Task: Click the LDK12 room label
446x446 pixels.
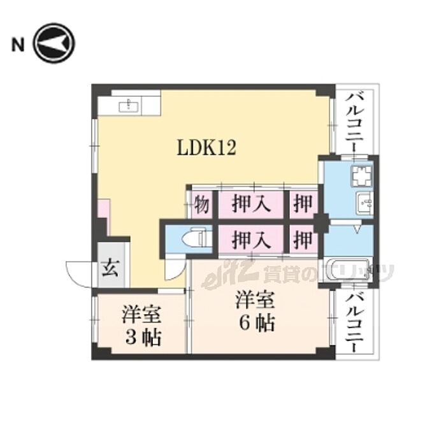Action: (206, 148)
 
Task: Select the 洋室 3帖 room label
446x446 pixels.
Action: (141, 326)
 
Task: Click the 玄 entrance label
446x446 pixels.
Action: (110, 268)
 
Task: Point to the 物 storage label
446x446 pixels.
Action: (202, 204)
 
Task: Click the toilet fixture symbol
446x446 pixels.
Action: (196, 238)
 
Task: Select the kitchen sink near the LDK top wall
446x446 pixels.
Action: (129, 106)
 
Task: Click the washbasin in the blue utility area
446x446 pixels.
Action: (364, 202)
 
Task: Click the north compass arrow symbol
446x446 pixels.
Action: (54, 43)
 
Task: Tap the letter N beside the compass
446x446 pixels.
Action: (18, 45)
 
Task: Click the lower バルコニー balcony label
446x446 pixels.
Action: (354, 322)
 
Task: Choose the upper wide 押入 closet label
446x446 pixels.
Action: (250, 204)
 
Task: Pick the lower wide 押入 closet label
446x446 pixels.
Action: (250, 239)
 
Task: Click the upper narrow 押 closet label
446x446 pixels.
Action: (303, 204)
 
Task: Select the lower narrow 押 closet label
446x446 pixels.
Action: (303, 239)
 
